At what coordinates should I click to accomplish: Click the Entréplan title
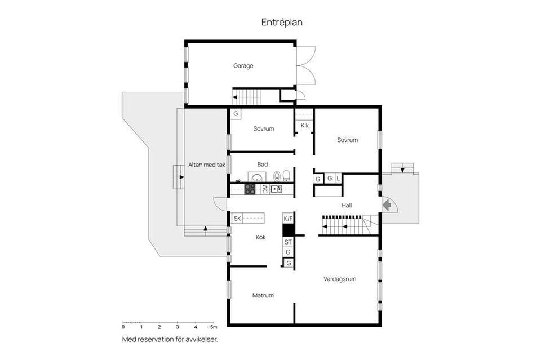coord(282,22)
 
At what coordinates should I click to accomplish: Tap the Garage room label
coord(243,65)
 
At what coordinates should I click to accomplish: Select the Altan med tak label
coord(207,165)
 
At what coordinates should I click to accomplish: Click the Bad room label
coord(262,164)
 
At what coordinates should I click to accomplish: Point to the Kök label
coord(260,237)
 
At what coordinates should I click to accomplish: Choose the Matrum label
coord(263,295)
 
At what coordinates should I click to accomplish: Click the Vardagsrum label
coord(339,278)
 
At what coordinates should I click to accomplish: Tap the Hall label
coord(347,205)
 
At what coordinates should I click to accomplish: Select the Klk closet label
coord(304,125)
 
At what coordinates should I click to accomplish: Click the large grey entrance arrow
coord(387,205)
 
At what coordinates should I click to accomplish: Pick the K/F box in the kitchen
coord(288,218)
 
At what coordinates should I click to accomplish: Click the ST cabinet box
coord(288,242)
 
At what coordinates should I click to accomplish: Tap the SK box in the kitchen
coord(237,218)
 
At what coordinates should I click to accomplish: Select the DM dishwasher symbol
coord(265,189)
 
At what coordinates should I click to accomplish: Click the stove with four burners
coord(250,189)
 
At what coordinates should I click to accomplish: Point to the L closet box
coord(338,179)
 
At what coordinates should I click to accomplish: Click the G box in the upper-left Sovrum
coord(236,114)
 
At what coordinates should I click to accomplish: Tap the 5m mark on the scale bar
coord(213,327)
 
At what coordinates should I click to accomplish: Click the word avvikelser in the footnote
coord(201,339)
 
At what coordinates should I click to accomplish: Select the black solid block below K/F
coord(288,230)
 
